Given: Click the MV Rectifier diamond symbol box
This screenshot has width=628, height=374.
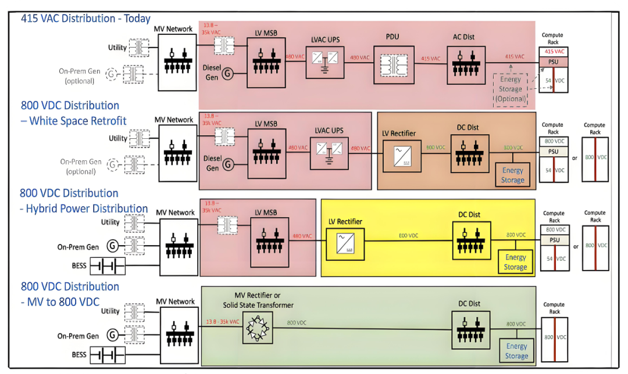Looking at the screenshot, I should click(x=259, y=329).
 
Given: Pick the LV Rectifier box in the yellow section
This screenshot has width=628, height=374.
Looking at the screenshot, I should click(x=345, y=243).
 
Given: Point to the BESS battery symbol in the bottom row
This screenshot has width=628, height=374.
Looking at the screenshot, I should click(x=108, y=355).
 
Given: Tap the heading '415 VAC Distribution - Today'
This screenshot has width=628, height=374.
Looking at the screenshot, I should click(x=85, y=19).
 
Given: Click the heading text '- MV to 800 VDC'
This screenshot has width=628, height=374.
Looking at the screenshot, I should click(x=62, y=302).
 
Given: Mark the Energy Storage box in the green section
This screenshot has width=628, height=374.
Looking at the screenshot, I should click(x=516, y=351).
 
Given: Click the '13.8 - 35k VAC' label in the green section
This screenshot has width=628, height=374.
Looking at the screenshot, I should click(x=223, y=322).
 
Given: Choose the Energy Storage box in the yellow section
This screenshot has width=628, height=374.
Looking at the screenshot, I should click(x=515, y=262).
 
